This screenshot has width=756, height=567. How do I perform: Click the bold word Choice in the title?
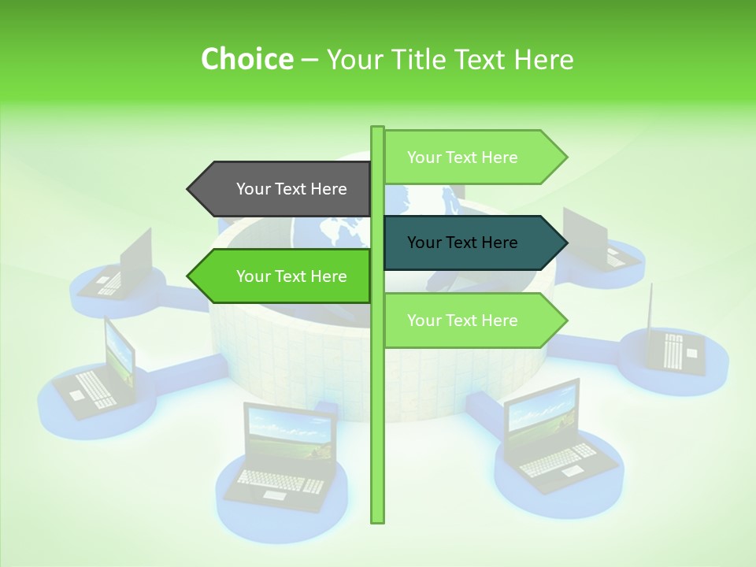click(x=246, y=59)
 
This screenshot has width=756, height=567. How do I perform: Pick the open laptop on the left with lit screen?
click(x=98, y=370)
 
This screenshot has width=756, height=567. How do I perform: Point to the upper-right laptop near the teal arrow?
click(x=595, y=240)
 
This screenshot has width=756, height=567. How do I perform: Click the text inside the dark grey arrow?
click(x=291, y=189)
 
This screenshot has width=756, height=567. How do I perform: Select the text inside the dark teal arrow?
click(x=462, y=243)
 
